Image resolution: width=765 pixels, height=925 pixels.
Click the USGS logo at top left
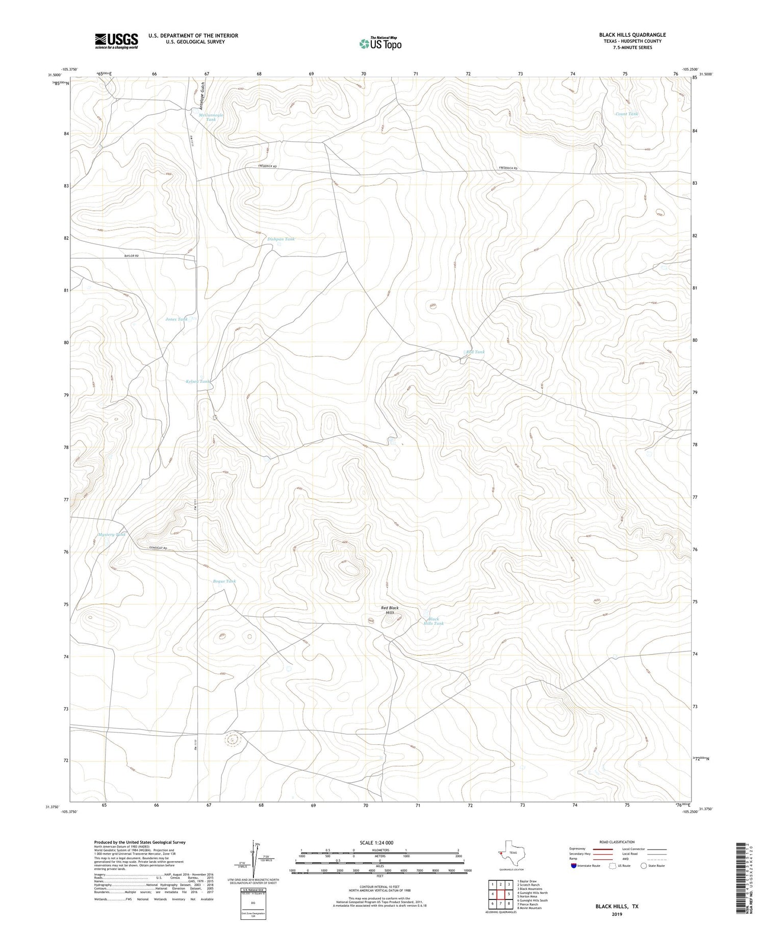click(x=116, y=41)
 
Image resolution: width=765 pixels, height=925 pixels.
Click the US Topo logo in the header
click(x=380, y=43)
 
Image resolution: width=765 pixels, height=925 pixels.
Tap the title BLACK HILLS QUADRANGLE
click(x=632, y=35)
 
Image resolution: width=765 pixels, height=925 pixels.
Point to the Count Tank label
click(x=627, y=114)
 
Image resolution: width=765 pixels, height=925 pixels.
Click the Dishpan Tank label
click(x=280, y=239)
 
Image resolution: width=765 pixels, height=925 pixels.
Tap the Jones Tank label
click(x=176, y=319)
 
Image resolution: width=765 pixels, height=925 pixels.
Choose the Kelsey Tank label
click(x=197, y=381)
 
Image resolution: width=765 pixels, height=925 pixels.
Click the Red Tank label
click(x=475, y=352)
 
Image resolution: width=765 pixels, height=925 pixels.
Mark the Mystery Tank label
click(x=112, y=534)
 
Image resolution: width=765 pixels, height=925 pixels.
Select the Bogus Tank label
click(x=224, y=581)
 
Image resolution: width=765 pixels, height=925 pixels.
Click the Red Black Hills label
click(x=390, y=610)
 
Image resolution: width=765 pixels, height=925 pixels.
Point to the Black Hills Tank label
click(x=433, y=621)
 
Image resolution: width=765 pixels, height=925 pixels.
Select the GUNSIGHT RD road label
click(x=158, y=548)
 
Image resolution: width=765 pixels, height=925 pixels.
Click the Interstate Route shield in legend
click(x=574, y=865)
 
